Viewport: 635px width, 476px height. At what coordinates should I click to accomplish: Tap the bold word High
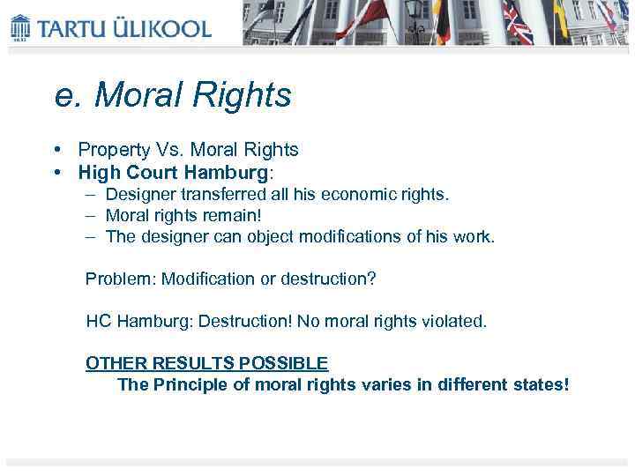[96, 172]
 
